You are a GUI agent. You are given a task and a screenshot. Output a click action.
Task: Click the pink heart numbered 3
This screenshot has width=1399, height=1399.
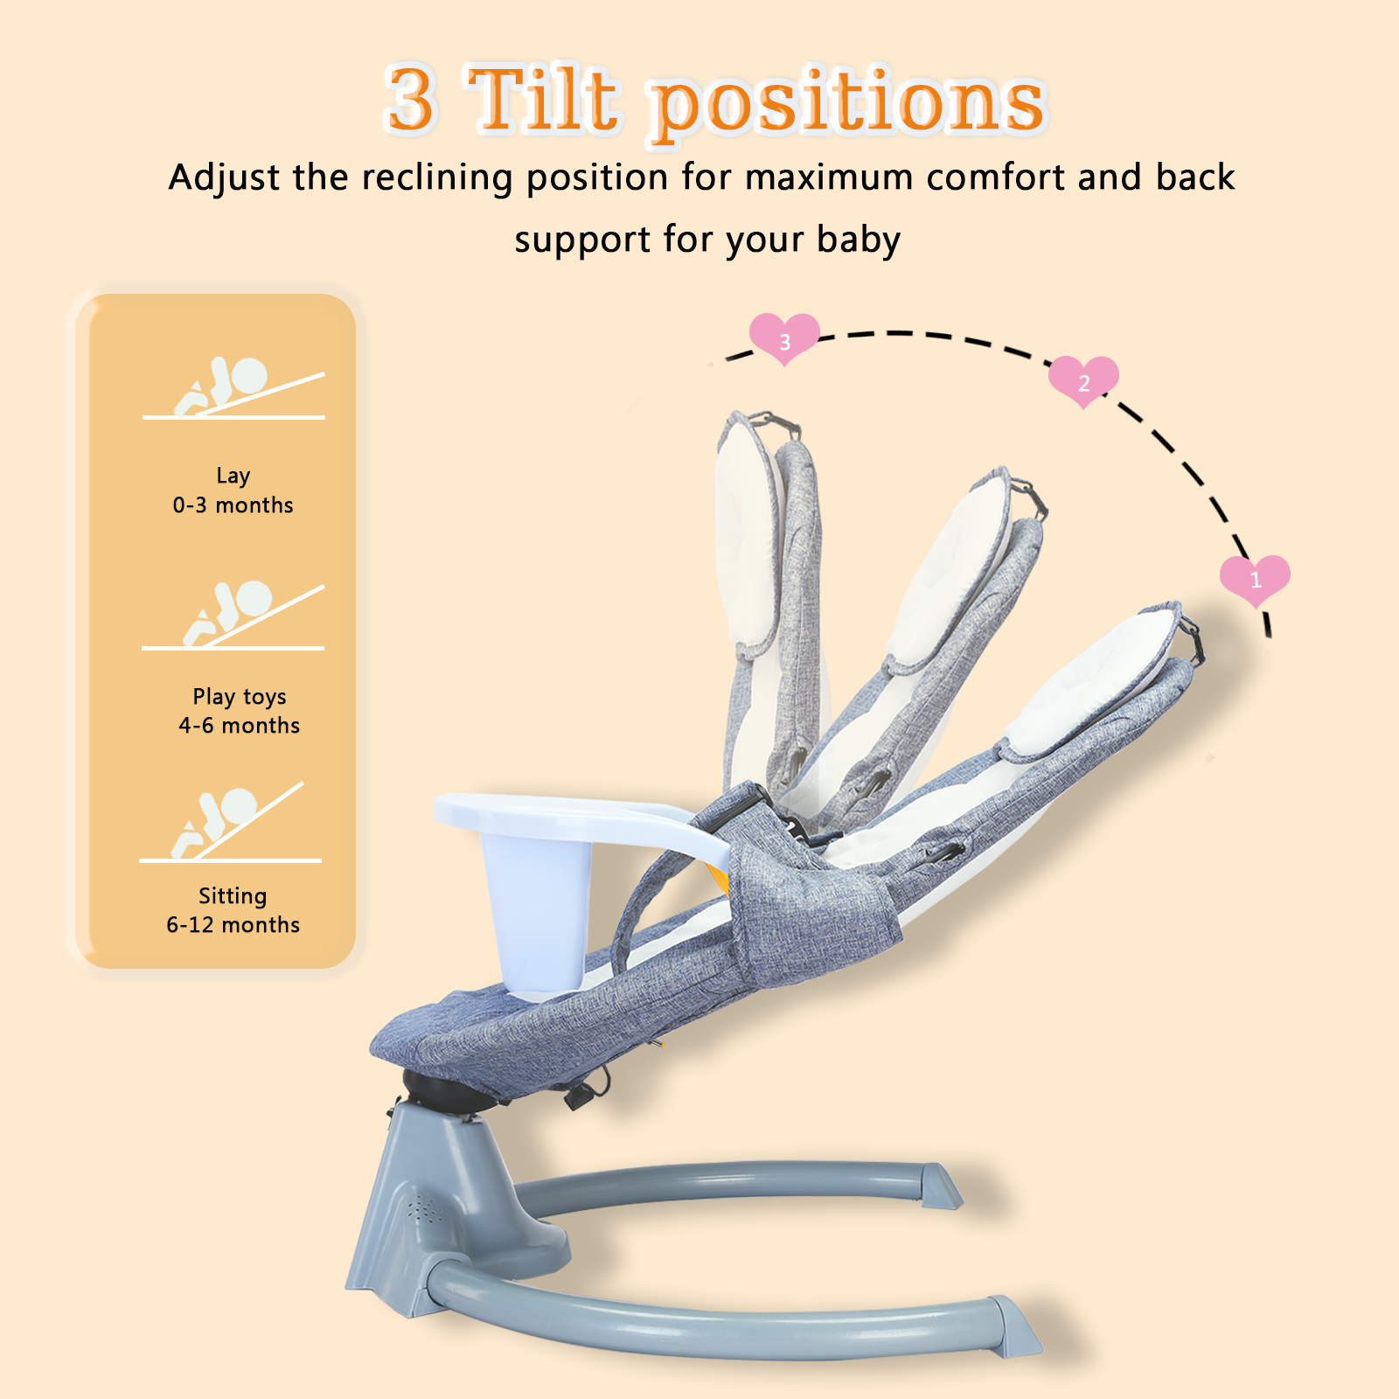point(784,338)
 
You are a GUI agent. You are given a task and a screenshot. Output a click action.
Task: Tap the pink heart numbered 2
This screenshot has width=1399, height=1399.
point(1083,380)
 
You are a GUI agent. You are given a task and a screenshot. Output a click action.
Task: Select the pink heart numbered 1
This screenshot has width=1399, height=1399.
point(1255,579)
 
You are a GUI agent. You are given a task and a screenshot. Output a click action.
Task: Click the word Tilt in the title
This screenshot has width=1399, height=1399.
point(544,100)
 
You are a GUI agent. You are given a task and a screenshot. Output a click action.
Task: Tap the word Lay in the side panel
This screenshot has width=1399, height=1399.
point(233,476)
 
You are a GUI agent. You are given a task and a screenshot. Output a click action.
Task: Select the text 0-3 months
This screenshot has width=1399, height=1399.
point(233,505)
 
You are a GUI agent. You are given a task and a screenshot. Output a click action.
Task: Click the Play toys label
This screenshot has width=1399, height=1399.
point(240,697)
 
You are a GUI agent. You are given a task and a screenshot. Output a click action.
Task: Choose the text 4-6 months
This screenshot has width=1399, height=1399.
point(239,726)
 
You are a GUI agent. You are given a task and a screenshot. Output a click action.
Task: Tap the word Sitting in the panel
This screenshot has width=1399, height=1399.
point(233,896)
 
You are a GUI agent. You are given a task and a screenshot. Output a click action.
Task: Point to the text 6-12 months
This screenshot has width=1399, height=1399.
point(233,925)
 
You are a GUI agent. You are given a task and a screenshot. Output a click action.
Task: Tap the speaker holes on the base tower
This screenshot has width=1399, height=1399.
point(426,1210)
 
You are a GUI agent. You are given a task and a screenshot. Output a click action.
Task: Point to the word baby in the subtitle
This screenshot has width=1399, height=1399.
point(858,240)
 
